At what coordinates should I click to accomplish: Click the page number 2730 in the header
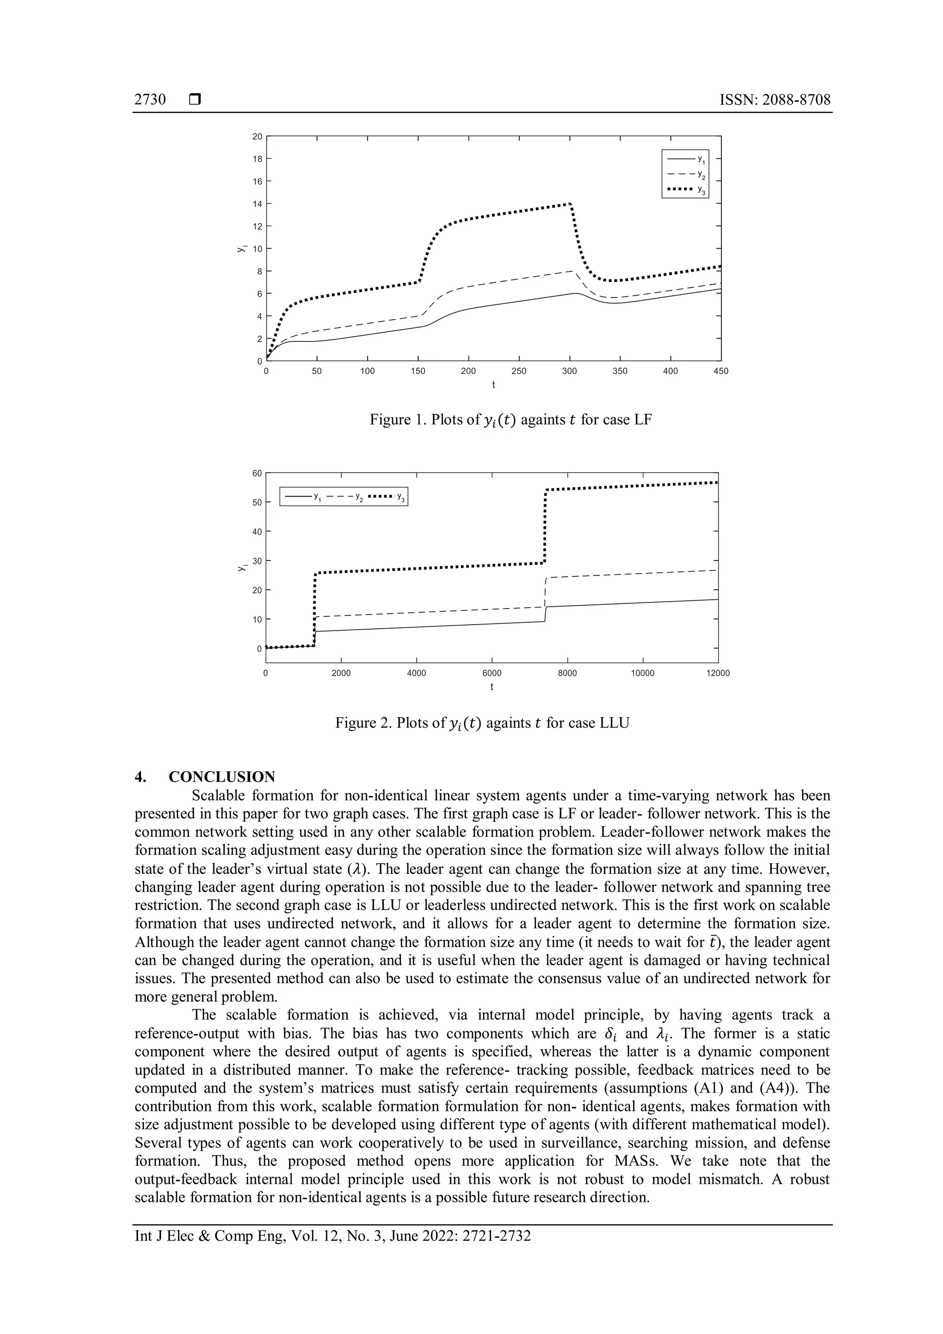point(150,100)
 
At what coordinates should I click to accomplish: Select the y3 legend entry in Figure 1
point(686,189)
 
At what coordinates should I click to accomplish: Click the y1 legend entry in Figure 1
point(686,158)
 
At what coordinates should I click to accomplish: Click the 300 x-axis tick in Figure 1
point(569,371)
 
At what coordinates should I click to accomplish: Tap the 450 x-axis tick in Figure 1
point(721,371)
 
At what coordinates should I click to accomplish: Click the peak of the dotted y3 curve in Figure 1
point(570,203)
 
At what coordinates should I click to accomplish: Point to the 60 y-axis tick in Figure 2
point(256,473)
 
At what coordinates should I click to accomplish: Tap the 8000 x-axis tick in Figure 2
point(567,673)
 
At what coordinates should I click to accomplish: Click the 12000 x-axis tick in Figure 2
point(718,673)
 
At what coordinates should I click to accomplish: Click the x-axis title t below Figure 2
point(492,687)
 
